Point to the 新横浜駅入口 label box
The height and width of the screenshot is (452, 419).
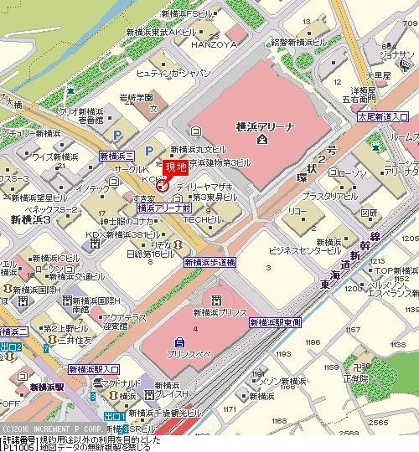coord(94,368)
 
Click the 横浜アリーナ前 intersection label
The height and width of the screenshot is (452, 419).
coord(165,204)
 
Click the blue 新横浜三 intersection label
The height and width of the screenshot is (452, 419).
coord(116,156)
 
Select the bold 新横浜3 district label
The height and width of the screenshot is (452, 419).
coord(31,218)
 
